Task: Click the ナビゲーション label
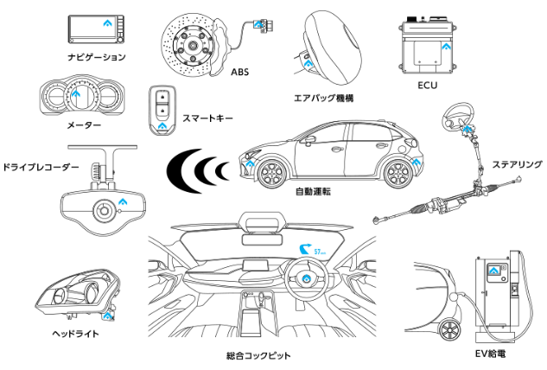(x=96, y=57)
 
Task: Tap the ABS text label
(x=240, y=73)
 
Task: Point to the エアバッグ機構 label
(x=326, y=99)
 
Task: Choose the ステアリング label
(x=518, y=163)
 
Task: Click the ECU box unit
(x=427, y=48)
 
